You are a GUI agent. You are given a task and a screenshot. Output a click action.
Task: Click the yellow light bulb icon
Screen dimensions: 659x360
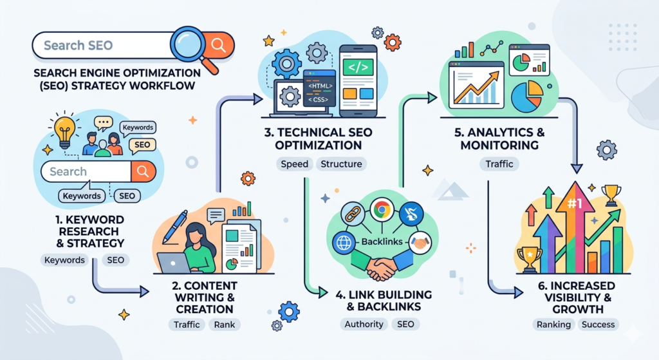[x=64, y=131]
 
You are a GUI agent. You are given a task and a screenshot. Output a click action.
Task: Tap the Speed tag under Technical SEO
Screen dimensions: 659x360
[x=295, y=164]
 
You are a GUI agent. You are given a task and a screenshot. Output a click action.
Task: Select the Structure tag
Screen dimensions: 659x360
[x=341, y=164]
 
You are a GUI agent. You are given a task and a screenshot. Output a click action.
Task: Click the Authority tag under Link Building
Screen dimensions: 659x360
[x=364, y=324]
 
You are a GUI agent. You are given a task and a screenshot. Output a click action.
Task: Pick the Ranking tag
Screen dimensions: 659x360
[x=553, y=324]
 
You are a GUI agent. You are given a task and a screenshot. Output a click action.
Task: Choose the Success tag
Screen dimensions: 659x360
[x=598, y=324]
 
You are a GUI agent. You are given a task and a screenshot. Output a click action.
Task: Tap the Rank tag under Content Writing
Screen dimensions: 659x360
[x=225, y=325]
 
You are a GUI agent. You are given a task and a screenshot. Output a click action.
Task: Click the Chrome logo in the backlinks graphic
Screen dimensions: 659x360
[x=382, y=209]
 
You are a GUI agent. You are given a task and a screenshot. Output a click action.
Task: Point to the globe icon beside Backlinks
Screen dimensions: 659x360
[x=344, y=243]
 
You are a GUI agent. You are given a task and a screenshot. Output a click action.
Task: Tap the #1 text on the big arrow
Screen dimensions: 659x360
[x=575, y=204]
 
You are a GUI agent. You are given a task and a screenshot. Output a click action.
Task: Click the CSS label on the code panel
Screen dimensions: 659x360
[x=318, y=100]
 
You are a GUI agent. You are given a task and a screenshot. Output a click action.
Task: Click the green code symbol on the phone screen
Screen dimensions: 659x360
[x=358, y=67]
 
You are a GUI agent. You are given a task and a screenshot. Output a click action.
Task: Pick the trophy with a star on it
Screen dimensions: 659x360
[x=529, y=259]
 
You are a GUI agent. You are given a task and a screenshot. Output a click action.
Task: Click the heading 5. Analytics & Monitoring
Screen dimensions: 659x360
[x=499, y=139]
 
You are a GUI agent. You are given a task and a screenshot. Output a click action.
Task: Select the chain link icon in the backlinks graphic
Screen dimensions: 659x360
[x=352, y=213]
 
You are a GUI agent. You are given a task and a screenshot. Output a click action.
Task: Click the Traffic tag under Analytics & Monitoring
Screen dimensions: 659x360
[x=499, y=164]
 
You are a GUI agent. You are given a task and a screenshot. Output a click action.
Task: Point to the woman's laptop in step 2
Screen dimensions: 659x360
[x=174, y=263]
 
